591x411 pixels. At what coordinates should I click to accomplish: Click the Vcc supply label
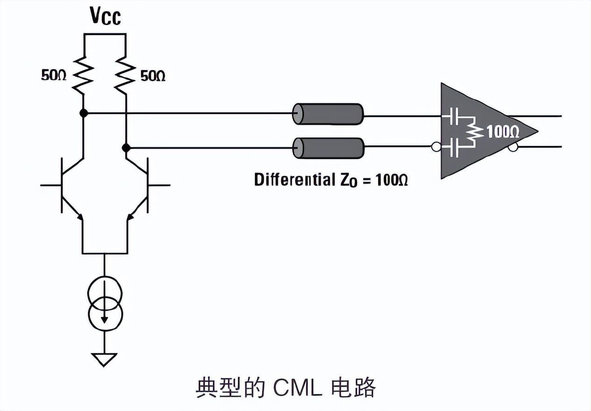click(x=105, y=17)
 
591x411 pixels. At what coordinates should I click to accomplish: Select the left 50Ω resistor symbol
click(x=83, y=73)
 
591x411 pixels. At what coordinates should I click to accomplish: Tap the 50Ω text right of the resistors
click(x=153, y=76)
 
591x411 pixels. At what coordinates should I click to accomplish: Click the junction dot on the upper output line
click(x=83, y=113)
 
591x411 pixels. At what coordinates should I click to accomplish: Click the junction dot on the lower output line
click(x=126, y=148)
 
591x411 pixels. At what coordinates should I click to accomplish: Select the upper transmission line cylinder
click(x=328, y=113)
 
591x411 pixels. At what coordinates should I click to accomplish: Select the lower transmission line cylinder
click(x=328, y=148)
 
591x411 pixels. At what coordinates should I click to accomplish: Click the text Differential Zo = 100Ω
click(x=331, y=179)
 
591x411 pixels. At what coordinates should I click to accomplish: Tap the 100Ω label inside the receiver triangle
click(x=503, y=133)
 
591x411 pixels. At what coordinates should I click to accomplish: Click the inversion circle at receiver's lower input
click(x=436, y=148)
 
